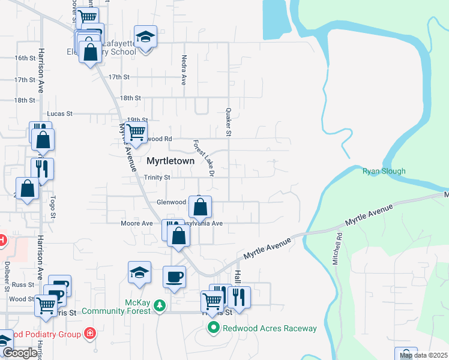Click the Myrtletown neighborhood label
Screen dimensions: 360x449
click(x=170, y=161)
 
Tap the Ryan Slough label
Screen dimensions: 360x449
click(x=384, y=171)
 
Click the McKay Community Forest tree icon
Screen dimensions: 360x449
click(x=159, y=306)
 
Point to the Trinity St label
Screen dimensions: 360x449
click(x=157, y=178)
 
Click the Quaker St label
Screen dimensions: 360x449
click(x=229, y=122)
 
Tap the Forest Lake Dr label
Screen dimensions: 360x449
click(x=203, y=158)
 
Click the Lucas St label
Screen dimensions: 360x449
click(x=60, y=113)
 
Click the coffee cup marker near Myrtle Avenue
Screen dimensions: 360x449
click(x=174, y=277)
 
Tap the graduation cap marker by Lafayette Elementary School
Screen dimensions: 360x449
click(x=145, y=37)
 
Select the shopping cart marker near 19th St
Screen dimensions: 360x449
click(x=136, y=131)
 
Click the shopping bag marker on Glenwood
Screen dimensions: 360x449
click(x=200, y=208)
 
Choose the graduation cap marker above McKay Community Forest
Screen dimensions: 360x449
click(x=139, y=272)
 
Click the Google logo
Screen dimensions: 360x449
click(x=19, y=353)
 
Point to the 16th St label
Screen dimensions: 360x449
click(x=25, y=58)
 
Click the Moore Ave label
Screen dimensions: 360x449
click(x=137, y=223)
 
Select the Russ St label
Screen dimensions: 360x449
click(x=22, y=284)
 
